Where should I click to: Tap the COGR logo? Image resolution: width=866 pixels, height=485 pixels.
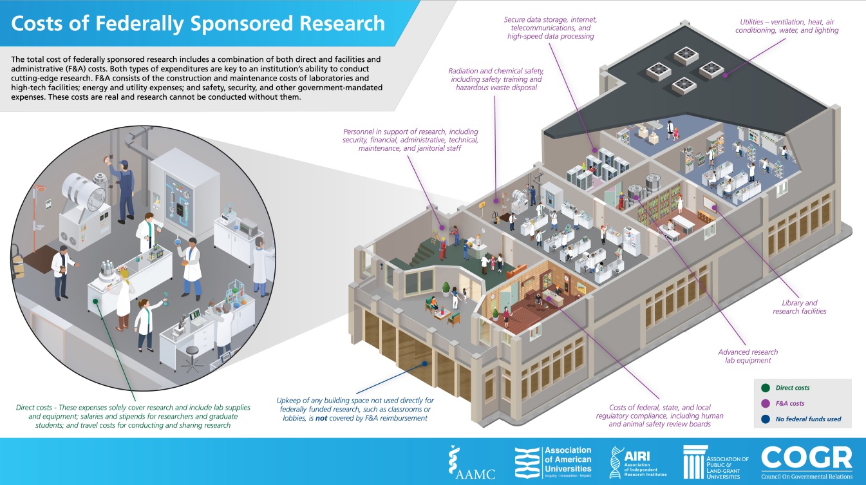click(807, 462)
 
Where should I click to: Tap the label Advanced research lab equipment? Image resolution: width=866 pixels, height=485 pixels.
click(748, 356)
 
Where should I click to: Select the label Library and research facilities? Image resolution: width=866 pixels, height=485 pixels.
click(799, 307)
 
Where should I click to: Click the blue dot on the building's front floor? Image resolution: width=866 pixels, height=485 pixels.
click(425, 363)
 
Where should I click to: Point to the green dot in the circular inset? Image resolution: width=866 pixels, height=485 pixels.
click(95, 300)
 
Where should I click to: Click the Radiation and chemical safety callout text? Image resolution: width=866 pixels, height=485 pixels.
click(496, 79)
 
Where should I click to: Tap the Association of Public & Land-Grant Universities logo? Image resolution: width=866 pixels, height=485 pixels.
click(716, 462)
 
